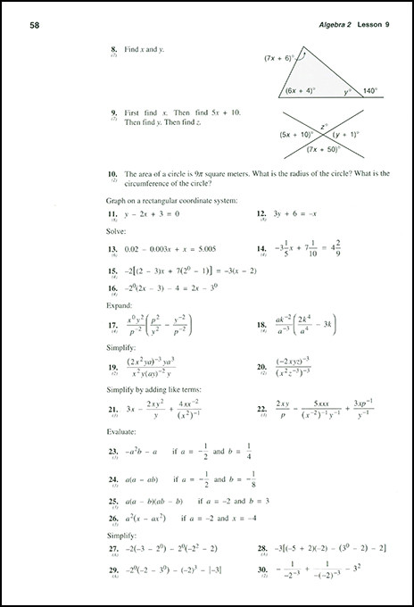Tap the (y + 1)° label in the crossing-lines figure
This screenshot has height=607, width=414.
coord(346,135)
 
